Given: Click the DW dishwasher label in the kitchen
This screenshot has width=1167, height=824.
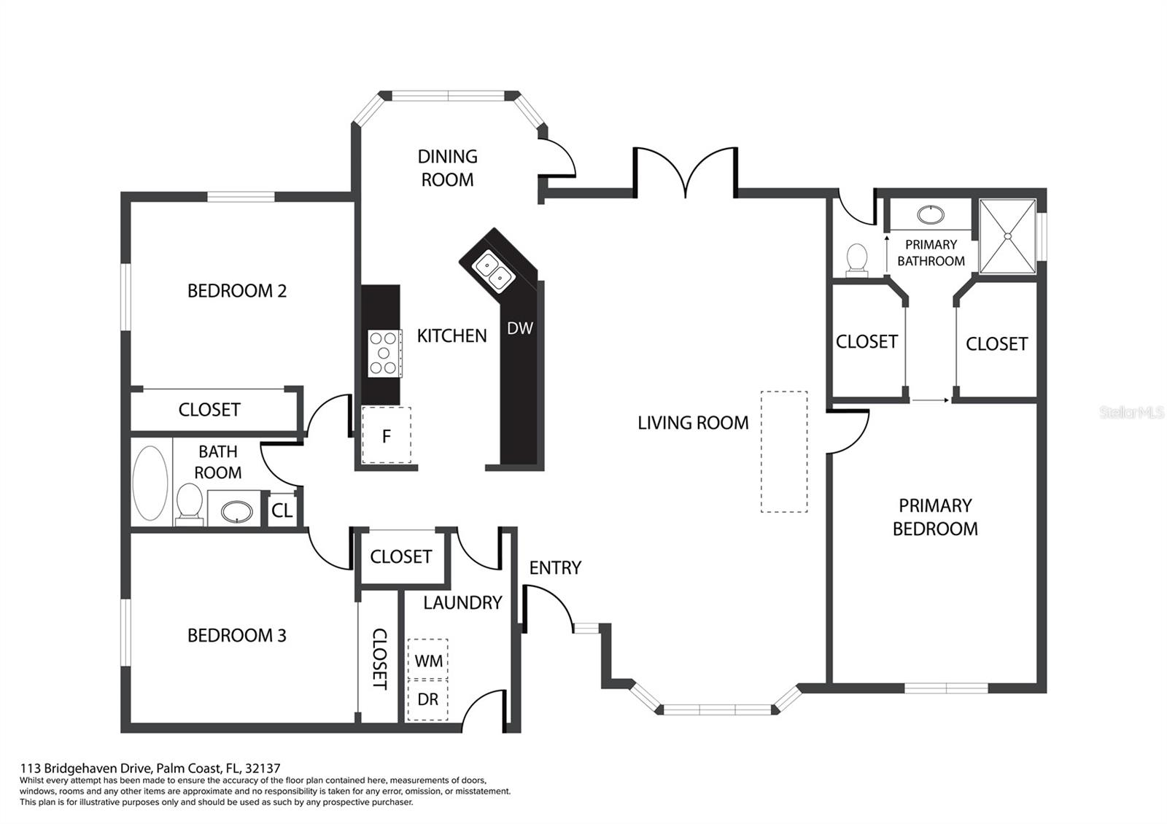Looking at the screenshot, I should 520,329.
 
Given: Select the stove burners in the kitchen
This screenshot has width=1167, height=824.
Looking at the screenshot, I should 384,353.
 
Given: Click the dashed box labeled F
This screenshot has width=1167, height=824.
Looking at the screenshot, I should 387,436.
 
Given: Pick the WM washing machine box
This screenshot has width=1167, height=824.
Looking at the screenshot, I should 428,660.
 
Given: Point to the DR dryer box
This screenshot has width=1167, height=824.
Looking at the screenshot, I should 428,699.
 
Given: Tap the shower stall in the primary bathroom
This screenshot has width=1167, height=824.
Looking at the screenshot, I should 1007,236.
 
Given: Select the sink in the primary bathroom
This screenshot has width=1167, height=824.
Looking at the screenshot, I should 929,214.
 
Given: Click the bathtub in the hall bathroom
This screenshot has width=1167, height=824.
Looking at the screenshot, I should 150,483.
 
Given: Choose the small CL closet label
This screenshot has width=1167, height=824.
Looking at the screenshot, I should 282,511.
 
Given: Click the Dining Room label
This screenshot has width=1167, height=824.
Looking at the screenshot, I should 447,168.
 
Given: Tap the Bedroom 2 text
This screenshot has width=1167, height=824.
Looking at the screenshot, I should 237,291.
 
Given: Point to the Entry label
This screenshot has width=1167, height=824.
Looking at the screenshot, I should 555,567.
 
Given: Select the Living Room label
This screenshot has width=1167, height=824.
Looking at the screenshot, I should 693,423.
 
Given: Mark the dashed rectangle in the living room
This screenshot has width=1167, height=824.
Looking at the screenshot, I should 784,452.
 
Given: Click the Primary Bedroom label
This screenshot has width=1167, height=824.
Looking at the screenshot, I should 935,517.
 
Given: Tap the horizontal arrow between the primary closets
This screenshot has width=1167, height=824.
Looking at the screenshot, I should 931,400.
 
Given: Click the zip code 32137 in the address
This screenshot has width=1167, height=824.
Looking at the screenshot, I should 263,768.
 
